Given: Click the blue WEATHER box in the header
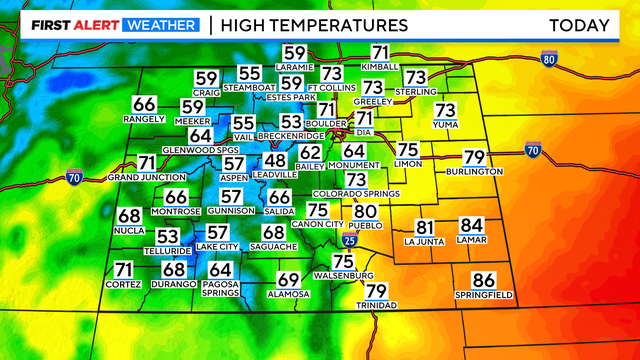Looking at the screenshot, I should [160, 24].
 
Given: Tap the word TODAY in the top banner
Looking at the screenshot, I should [579, 24].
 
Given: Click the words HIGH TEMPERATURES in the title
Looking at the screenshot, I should [314, 24].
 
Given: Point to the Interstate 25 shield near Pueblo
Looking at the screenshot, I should [346, 241].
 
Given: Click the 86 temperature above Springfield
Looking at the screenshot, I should [484, 281].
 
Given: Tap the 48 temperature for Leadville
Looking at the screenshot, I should [275, 161].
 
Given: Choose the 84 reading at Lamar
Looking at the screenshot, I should [472, 227].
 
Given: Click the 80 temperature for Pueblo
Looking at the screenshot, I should [365, 211].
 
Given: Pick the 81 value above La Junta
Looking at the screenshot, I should [425, 228].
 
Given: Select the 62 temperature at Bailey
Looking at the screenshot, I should [311, 153].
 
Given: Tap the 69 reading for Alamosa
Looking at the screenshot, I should [288, 280].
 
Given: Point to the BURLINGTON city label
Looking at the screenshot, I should [475, 172].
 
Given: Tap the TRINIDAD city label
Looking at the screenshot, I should [376, 305].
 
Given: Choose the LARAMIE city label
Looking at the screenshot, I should [295, 67].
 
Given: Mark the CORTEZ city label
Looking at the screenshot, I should [123, 285].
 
